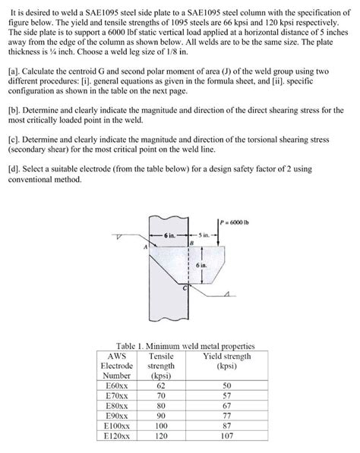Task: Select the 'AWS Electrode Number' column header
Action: [x=116, y=365]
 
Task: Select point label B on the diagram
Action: [x=191, y=244]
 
